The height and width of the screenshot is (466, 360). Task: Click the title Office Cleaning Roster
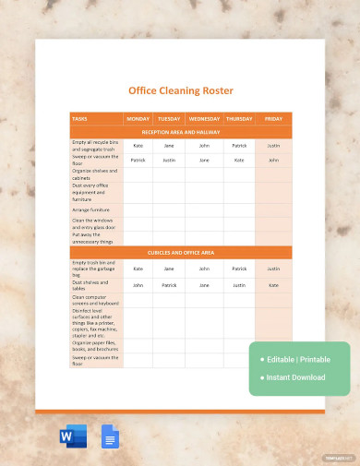[x=180, y=90]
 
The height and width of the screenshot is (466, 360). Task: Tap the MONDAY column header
[x=138, y=119]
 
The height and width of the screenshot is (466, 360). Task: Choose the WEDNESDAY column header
[x=204, y=119]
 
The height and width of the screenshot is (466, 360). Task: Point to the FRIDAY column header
[x=273, y=119]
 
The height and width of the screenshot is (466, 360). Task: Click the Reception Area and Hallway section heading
[x=180, y=133]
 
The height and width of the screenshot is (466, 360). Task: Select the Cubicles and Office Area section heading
[x=180, y=252]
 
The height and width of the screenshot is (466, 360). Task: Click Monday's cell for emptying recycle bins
[x=138, y=146]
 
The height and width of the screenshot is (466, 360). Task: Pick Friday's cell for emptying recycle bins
[x=273, y=146]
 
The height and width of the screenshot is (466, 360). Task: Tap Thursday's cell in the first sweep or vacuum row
[x=239, y=160]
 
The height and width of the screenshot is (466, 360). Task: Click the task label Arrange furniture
[x=90, y=209]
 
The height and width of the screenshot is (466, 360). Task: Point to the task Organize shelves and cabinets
[x=94, y=174]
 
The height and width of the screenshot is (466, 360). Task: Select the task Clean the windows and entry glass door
[x=95, y=223]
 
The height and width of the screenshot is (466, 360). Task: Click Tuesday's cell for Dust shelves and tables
[x=169, y=285]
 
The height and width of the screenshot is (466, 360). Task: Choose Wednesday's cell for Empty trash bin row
[x=204, y=269]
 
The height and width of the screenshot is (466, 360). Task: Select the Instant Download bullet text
[x=295, y=376]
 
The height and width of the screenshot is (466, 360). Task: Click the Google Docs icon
[x=110, y=436]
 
